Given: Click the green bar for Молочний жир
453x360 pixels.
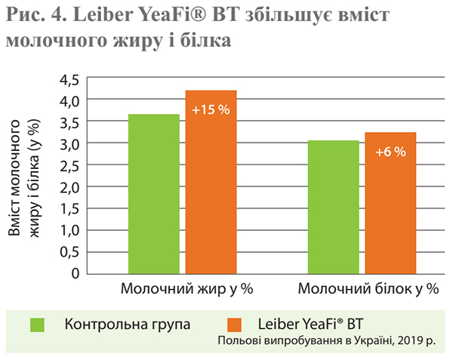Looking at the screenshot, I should pos(154,193).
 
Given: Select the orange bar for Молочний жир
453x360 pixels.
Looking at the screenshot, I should pos(211,181).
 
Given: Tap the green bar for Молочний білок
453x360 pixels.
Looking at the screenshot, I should pos(334,207).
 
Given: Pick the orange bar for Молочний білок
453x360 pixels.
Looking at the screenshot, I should pos(390,202).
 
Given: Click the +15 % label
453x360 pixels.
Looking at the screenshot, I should pos(211,109).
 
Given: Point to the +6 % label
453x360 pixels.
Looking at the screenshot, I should pos(390,152).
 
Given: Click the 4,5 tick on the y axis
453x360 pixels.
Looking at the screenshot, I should pos(69,78).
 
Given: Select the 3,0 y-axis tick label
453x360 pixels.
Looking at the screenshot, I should pos(69,143).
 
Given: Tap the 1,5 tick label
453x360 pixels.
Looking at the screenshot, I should pos(69,208).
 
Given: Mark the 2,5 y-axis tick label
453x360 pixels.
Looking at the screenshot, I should pos(69,165).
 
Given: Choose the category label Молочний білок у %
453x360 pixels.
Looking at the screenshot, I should pos(368,288).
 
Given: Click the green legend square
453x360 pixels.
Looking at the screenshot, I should pos(38,325).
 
